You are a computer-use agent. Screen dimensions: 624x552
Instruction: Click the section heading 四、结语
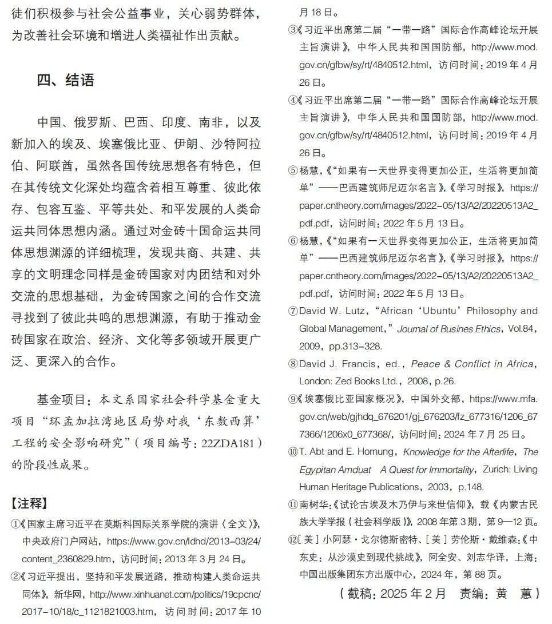pos(66,80)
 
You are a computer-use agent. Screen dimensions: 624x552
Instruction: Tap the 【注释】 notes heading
pos(29,503)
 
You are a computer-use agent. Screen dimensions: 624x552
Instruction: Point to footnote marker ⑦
pos(293,312)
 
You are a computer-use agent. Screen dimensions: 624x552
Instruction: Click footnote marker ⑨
pos(293,399)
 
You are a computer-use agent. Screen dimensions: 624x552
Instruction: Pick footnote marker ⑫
pos(293,539)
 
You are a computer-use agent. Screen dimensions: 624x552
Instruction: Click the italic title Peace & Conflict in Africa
pos(472,364)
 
